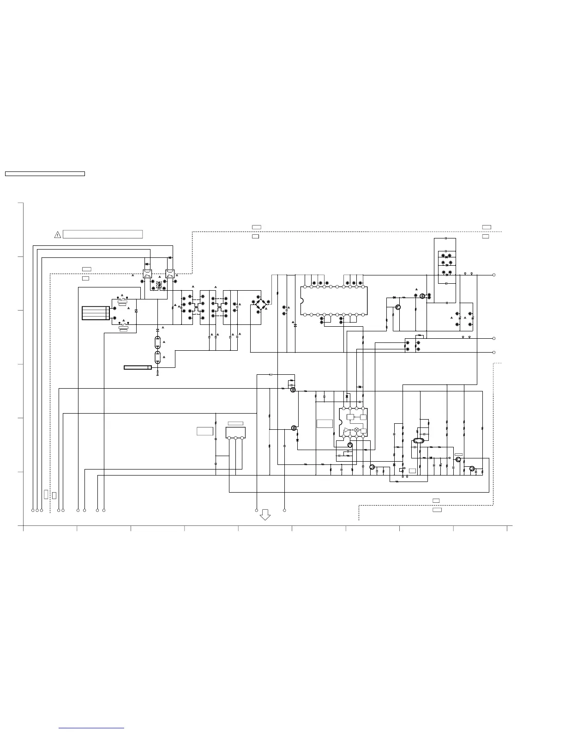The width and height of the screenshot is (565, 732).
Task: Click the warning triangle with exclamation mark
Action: pos(58,235)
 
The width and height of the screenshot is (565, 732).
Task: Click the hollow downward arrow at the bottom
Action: pos(265,514)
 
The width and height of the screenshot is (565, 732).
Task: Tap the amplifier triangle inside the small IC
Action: pos(347,430)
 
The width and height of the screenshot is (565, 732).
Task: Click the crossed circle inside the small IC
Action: pos(356,430)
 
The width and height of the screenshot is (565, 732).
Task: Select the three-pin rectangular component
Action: pos(235,433)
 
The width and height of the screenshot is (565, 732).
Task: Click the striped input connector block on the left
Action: pos(95,313)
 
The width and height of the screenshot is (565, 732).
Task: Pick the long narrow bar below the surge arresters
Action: pos(138,367)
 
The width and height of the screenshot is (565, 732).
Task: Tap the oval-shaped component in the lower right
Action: pos(418,441)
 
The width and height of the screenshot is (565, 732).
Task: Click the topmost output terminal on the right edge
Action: pos(494,275)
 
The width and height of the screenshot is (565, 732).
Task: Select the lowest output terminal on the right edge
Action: pos(494,352)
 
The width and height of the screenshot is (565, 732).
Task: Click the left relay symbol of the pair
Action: pos(148,273)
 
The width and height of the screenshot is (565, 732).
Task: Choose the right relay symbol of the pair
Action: pos(169,273)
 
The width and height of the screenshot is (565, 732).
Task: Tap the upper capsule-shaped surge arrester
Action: pos(158,342)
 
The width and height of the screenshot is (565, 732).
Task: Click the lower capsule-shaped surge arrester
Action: pos(158,357)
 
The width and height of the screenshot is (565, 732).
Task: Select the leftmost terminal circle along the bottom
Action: pos(33,510)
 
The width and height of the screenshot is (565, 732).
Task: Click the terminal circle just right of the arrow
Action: pos(284,510)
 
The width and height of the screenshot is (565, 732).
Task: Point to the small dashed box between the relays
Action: pos(159,285)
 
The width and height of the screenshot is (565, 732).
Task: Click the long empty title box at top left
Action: pos(45,174)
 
